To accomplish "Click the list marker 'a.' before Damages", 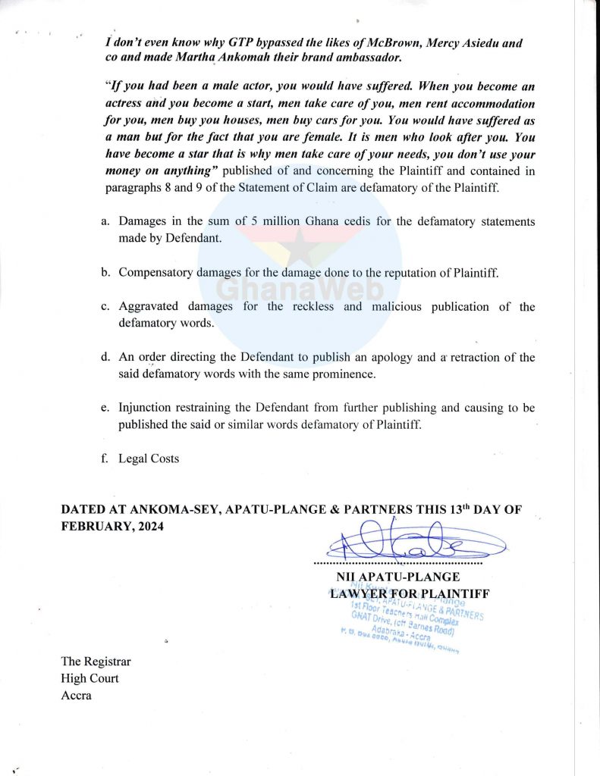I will point(105,222).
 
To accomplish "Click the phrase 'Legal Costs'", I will point(149,458).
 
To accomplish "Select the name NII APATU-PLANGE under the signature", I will point(404,577).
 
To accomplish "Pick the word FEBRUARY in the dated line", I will point(93,525).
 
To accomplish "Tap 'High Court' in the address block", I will point(90,679).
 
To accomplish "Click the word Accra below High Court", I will point(76,696).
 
